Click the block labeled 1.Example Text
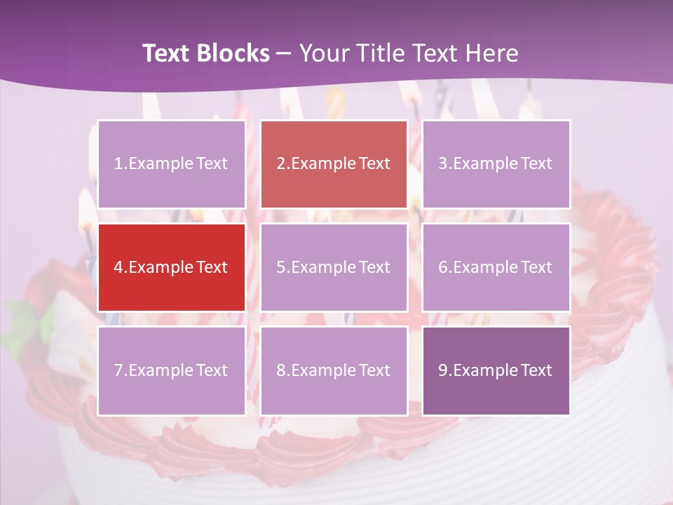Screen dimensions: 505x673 [x=172, y=164]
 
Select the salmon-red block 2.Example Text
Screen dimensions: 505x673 [x=334, y=164]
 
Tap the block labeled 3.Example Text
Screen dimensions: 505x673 [x=496, y=164]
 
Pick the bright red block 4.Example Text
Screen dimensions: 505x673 [x=172, y=267]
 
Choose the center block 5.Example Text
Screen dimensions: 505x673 [x=334, y=267]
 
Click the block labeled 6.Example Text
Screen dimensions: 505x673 [x=496, y=267]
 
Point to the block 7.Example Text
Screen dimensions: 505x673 [x=172, y=370]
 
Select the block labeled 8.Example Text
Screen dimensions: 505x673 [x=334, y=370]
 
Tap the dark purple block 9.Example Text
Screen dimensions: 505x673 [x=496, y=370]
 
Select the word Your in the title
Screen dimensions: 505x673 [x=322, y=53]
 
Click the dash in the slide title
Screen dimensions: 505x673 [x=284, y=54]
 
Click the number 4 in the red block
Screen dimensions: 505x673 [x=118, y=267]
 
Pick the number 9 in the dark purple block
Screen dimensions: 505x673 [x=442, y=370]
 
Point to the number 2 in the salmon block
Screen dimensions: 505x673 [x=280, y=164]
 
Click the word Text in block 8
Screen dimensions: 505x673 [x=374, y=370]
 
